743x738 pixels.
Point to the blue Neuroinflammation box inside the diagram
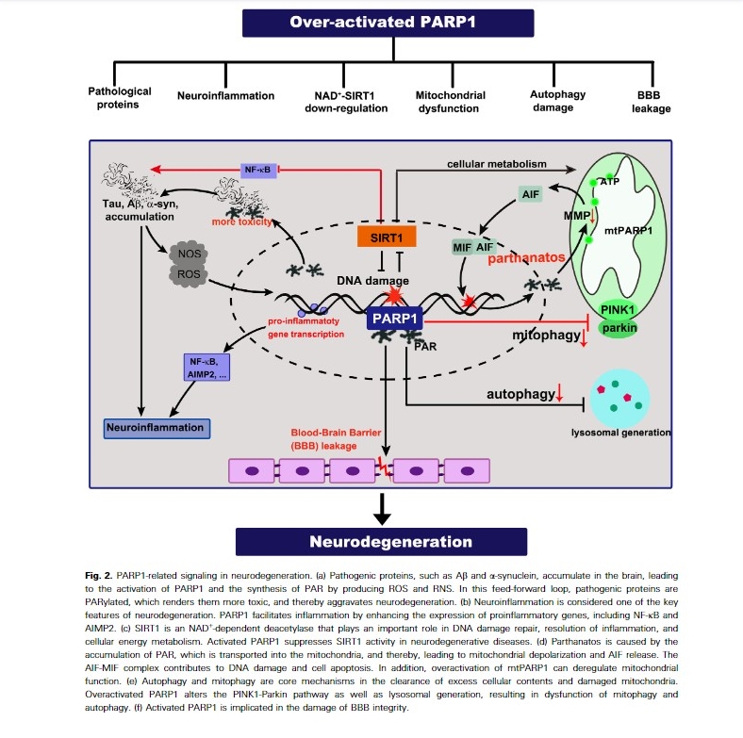pos(157,427)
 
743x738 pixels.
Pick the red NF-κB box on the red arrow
pos(256,170)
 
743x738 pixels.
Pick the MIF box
pos(461,247)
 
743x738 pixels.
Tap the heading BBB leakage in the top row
pos(652,102)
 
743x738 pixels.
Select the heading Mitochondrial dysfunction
pos(451,102)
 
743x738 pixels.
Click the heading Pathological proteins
pos(120,98)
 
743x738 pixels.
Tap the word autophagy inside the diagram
pos(520,394)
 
